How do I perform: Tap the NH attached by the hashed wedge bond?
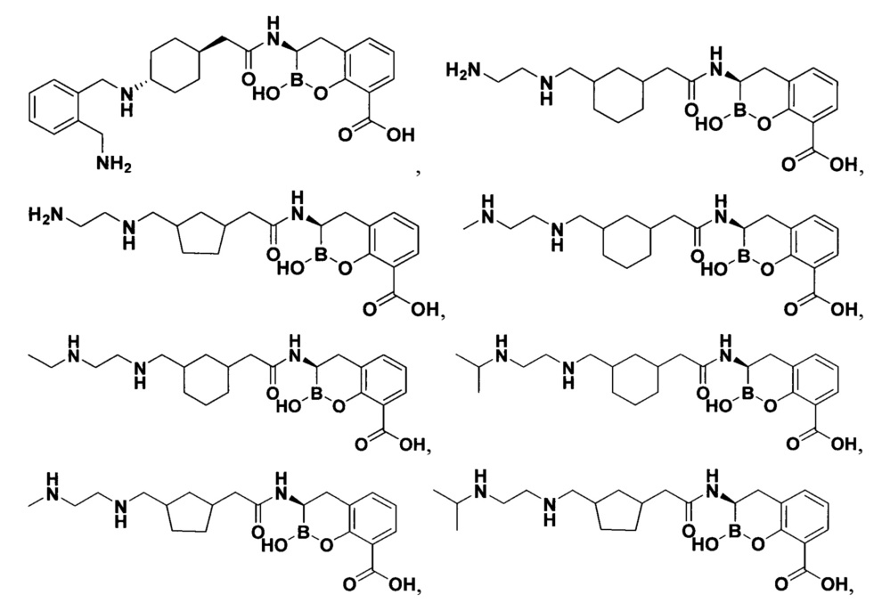pos(126,97)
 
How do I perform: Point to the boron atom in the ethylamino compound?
pos(311,395)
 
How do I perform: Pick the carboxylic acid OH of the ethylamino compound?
pos(412,444)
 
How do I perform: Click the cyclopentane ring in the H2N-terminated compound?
pos(202,235)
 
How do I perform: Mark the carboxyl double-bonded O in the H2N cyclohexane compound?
pos(788,165)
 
